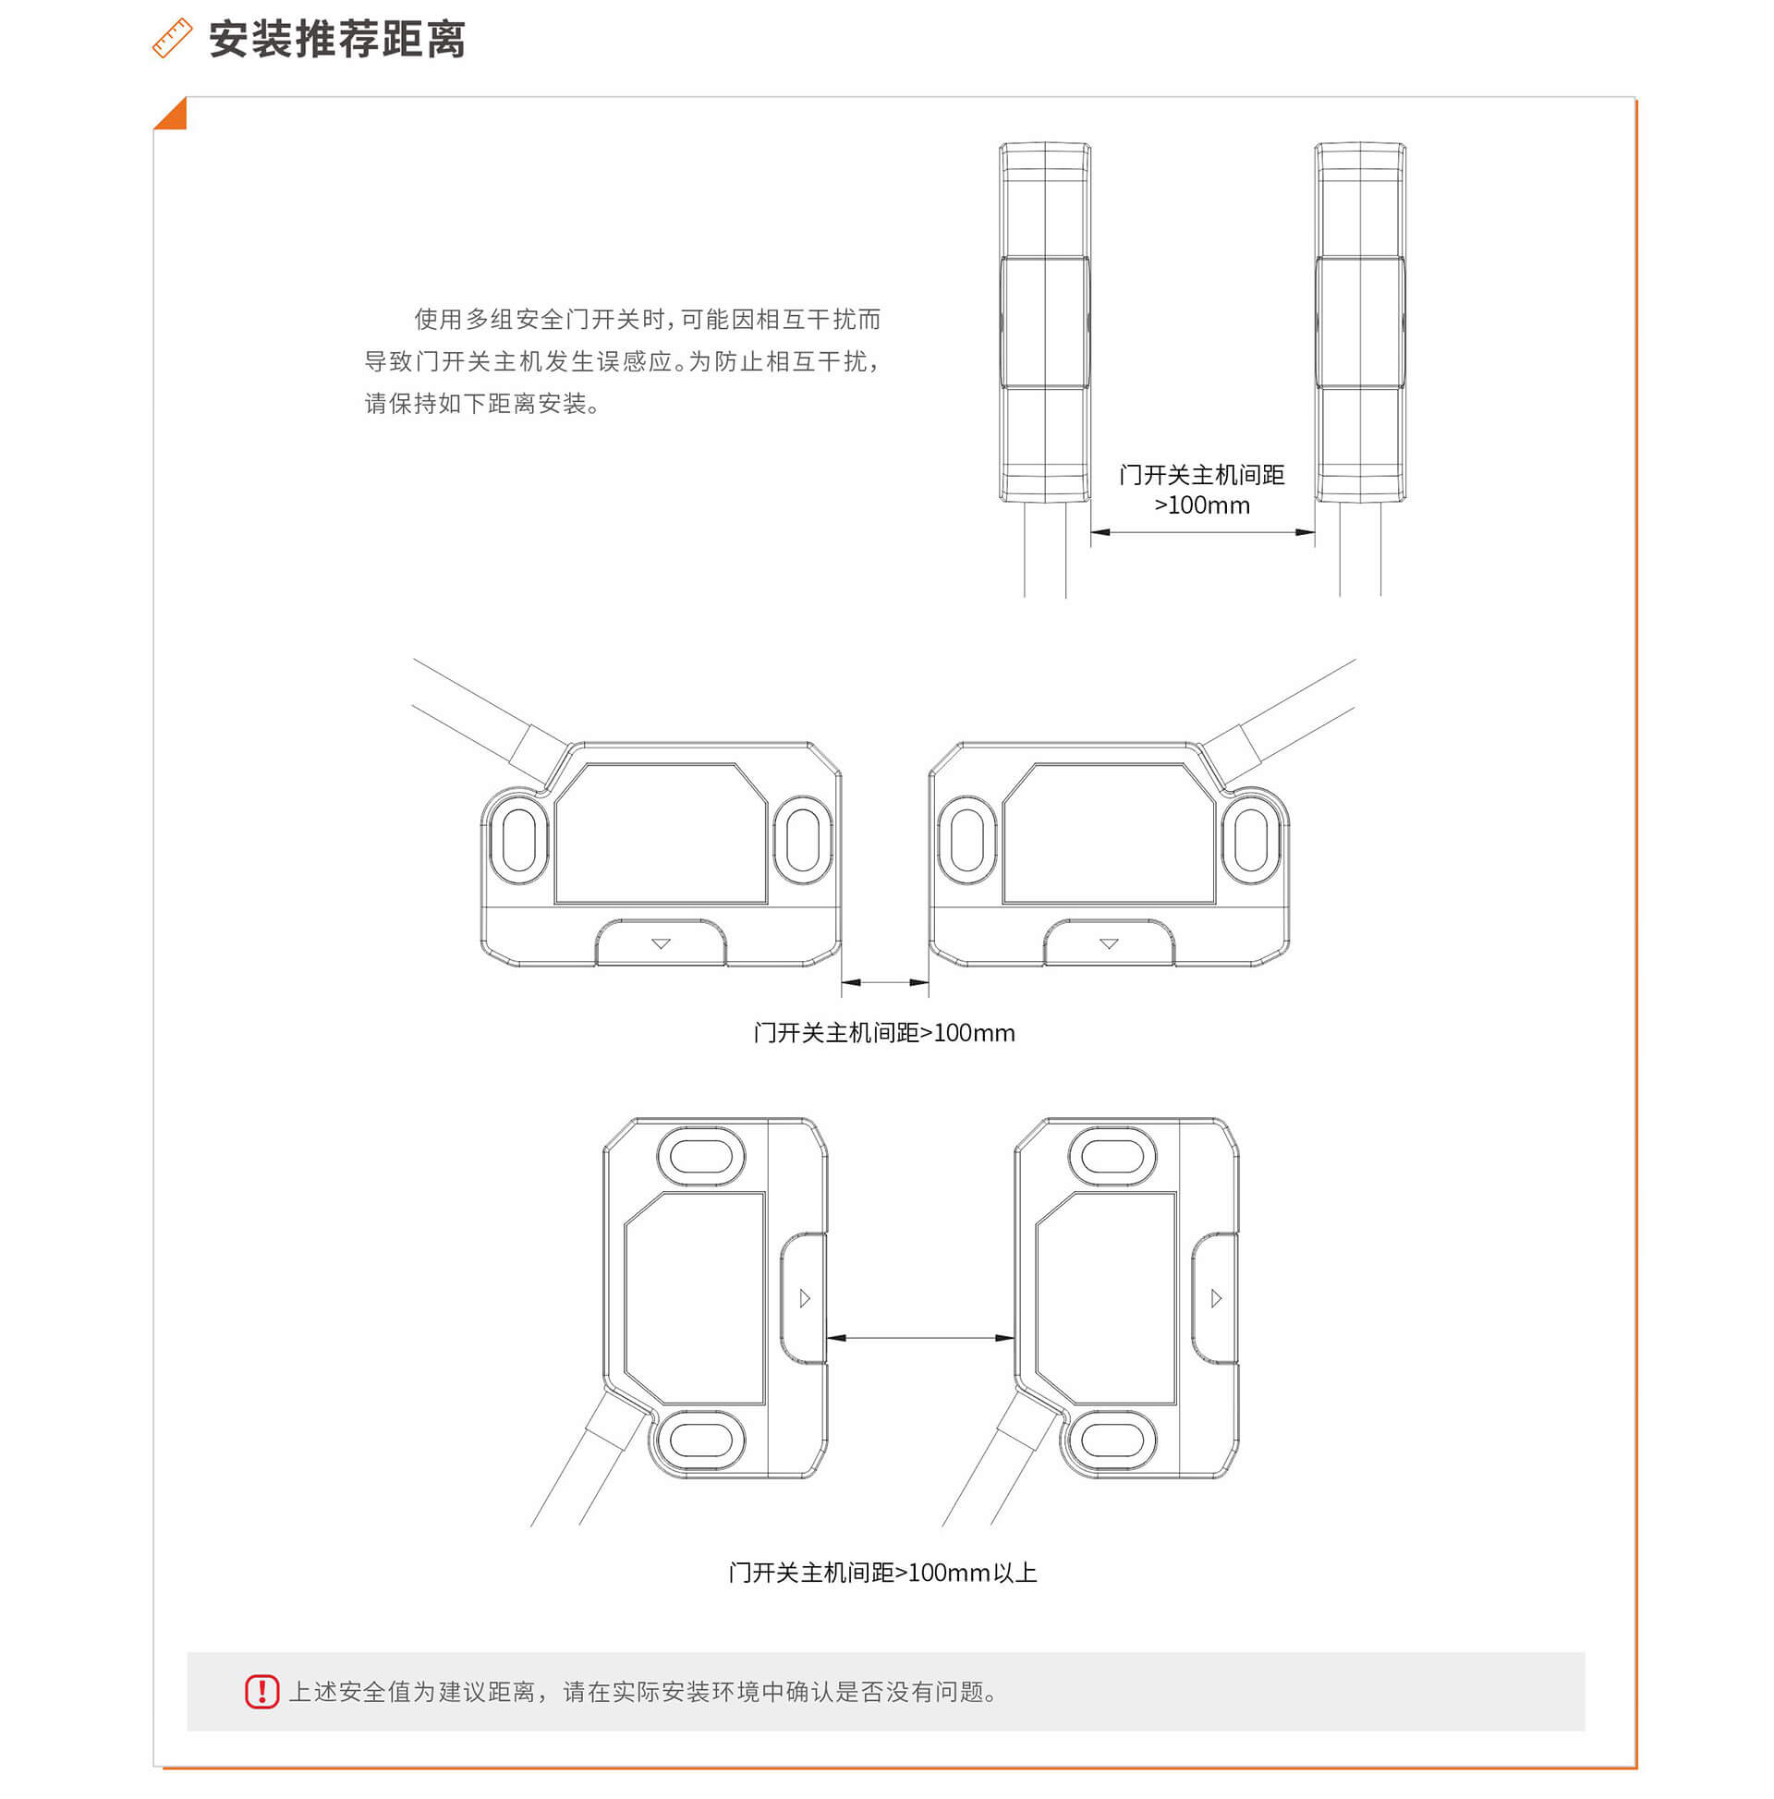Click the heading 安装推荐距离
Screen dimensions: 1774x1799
[336, 39]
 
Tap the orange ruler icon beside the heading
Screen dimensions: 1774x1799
[171, 39]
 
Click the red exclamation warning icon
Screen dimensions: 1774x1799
[261, 1691]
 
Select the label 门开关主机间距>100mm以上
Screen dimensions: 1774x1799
[881, 1573]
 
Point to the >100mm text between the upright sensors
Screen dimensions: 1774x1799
[1201, 504]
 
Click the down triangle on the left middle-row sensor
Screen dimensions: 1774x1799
[661, 944]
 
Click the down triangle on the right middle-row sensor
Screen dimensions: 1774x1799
[1108, 944]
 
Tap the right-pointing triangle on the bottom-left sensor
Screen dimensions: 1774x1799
[805, 1298]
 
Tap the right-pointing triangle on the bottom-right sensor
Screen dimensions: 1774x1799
[1215, 1298]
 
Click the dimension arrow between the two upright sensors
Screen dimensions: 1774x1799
[1202, 532]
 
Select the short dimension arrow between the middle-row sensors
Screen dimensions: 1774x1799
[884, 981]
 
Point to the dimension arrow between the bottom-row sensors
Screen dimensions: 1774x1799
[921, 1338]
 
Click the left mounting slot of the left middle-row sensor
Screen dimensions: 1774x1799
[518, 840]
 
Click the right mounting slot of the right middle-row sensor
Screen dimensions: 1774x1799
[1251, 840]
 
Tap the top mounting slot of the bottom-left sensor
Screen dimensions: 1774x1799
[701, 1157]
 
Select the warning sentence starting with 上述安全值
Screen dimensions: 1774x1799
[644, 1692]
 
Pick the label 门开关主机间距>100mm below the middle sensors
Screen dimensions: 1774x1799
[883, 1033]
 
